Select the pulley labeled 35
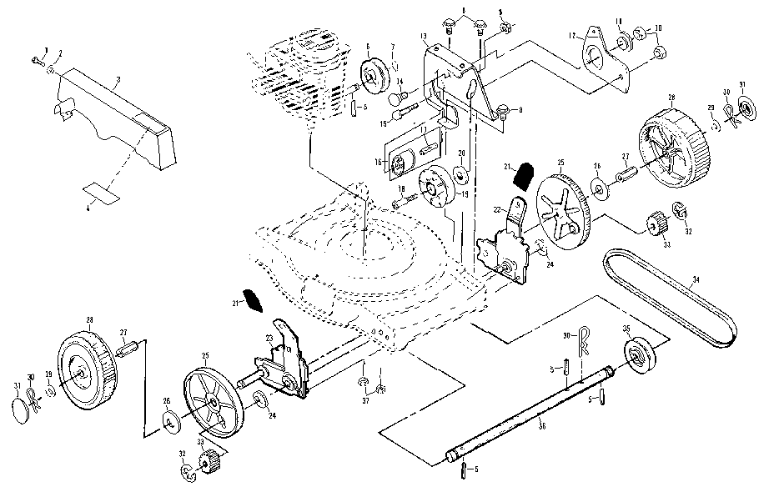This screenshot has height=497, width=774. (641, 355)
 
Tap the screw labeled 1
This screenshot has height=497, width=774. (39, 60)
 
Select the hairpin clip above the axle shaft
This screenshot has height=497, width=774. (586, 336)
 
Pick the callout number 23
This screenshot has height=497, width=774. (269, 337)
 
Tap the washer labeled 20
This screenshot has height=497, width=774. (460, 176)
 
